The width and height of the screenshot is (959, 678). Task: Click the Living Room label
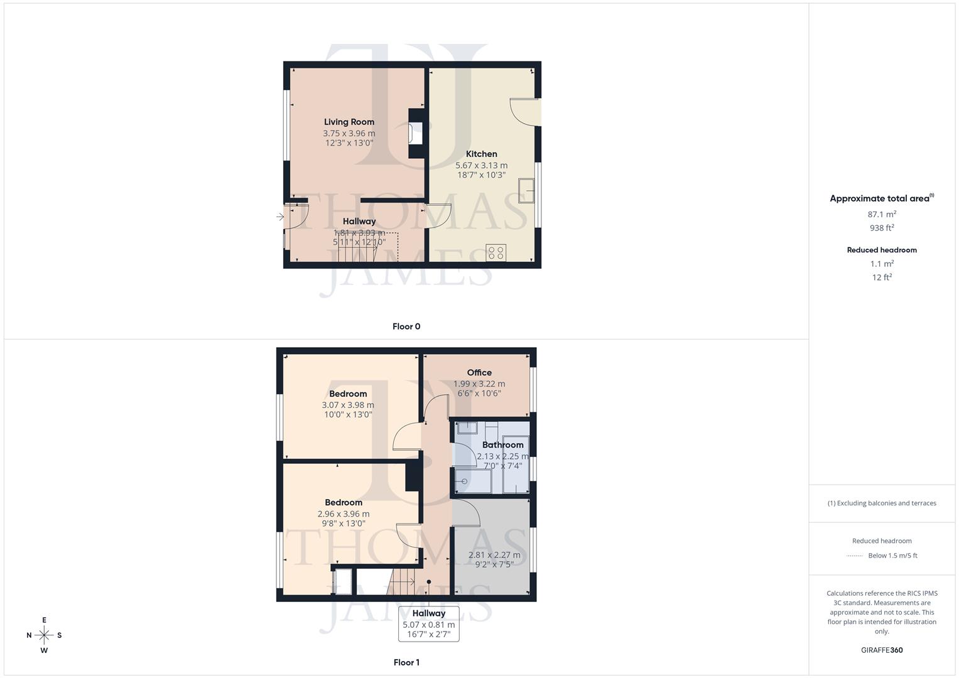pos(349,122)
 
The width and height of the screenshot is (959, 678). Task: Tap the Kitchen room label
pos(481,154)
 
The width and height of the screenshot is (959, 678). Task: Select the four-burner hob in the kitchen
pos(496,252)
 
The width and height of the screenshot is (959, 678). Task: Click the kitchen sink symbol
pos(526,191)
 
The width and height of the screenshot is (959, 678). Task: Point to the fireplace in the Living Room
pos(416,134)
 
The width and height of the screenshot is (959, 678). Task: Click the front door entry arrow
pos(280,217)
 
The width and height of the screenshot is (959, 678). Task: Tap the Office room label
pos(479,372)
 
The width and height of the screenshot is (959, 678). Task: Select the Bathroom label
pos(502,444)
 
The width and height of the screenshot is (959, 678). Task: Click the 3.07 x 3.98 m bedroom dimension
pos(348,405)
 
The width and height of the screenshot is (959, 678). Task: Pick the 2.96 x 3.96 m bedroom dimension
pos(344,514)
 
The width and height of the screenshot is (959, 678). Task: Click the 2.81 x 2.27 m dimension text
pos(494,555)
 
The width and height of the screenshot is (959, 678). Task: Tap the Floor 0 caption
pos(406,326)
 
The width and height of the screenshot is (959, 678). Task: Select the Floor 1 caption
pos(406,662)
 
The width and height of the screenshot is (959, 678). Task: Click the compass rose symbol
pos(44,635)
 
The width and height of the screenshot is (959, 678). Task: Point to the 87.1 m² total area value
pos(882,214)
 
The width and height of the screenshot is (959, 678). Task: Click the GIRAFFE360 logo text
pos(882,650)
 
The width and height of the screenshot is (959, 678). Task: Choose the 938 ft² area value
pos(882,228)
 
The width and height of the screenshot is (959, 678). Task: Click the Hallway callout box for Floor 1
pos(429,623)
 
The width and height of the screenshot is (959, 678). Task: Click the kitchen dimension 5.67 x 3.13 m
pos(481,165)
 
